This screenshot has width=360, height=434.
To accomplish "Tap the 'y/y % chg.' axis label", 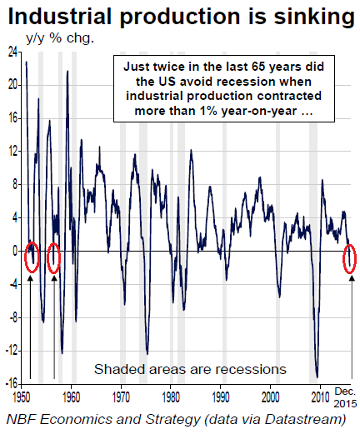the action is (x=60, y=38).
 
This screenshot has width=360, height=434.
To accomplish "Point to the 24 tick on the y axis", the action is (x=12, y=52).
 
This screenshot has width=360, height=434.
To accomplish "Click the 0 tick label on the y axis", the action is (x=15, y=251).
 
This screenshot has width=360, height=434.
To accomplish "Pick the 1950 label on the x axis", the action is (x=22, y=397).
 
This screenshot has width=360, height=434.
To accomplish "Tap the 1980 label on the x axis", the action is (x=171, y=397).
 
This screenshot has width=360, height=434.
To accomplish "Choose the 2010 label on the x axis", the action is (x=320, y=397).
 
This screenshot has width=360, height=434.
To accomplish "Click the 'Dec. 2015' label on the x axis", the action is (x=345, y=397).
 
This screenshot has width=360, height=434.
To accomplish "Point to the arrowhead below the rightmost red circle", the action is (x=352, y=277).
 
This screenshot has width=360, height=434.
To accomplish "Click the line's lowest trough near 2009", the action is (x=317, y=377).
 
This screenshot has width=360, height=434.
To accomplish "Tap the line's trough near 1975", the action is (x=147, y=354).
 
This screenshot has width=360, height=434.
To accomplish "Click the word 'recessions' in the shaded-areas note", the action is (x=251, y=370).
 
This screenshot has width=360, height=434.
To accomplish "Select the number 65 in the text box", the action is (x=258, y=67).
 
